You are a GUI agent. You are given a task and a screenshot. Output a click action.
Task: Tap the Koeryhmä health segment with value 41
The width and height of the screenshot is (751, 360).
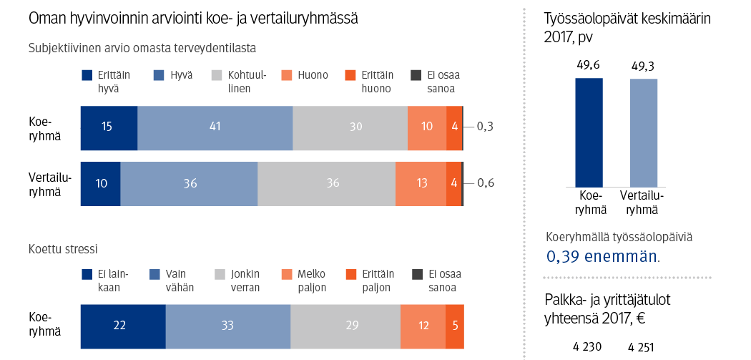coord(215,127)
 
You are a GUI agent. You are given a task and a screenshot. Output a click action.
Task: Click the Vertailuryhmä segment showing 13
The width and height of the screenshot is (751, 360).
coord(421,183)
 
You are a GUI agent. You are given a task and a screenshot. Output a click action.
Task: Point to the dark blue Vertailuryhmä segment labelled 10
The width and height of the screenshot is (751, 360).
coord(101,183)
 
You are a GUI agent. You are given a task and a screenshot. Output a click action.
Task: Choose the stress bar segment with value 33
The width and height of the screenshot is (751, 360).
coord(228,326)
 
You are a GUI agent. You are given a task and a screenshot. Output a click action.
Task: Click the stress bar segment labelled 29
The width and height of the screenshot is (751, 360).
coord(345,326)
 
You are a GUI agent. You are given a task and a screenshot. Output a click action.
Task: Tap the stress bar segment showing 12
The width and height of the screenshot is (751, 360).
coord(423,326)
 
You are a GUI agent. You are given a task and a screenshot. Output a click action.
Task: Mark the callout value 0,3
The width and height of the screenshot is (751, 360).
coord(485,127)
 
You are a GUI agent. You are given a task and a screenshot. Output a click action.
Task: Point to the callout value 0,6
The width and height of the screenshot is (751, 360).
coord(485,183)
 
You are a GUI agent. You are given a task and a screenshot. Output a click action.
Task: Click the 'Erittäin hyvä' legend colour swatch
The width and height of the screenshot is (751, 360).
coord(87,75)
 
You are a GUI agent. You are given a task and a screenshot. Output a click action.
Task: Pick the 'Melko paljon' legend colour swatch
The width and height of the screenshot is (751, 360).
coord(286,274)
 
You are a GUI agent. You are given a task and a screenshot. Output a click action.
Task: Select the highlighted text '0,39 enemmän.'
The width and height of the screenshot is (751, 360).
coord(603,256)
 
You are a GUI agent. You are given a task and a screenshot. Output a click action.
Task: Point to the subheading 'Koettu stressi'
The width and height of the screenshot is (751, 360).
coord(63,249)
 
